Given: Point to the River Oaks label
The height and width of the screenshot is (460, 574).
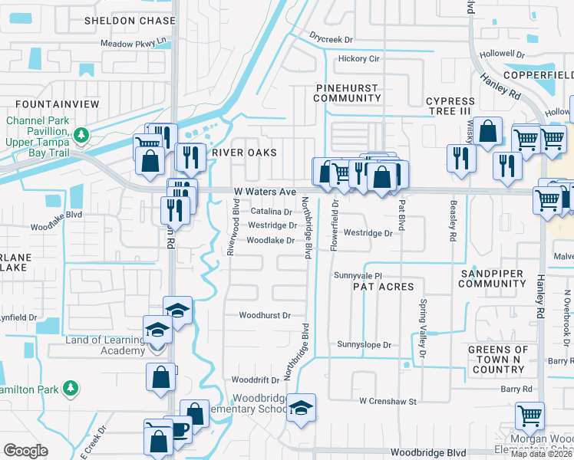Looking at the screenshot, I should [x=244, y=153].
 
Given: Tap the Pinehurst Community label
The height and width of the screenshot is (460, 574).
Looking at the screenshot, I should [x=348, y=93].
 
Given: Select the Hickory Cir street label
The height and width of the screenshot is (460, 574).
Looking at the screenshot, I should [x=359, y=58].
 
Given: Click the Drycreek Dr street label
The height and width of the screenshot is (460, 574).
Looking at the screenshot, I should [x=331, y=38].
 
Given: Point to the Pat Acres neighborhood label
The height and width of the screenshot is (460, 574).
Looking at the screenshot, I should [x=383, y=286].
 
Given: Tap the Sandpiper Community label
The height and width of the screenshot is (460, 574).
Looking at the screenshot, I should [x=491, y=278].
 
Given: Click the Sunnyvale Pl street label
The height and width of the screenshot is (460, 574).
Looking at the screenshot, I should [x=357, y=274].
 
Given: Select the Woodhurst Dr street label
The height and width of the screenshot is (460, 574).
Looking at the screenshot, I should [x=265, y=315].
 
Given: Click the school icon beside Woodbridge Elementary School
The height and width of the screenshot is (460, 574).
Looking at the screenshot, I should [x=300, y=406].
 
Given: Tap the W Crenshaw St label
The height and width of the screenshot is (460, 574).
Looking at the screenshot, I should [x=387, y=401].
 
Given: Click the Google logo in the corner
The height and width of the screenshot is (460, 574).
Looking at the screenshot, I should [x=25, y=451].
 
